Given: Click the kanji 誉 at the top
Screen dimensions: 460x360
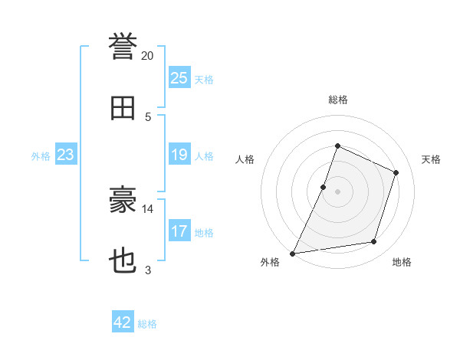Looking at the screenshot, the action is (123, 46).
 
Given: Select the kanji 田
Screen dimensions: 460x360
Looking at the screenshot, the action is (123, 108).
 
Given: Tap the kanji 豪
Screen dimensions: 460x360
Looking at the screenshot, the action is (123, 199).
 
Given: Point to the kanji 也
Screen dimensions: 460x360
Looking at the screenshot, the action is (123, 260).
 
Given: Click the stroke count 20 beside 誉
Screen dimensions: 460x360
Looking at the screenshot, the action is (147, 56).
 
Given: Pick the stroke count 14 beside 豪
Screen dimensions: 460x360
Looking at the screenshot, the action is (147, 209).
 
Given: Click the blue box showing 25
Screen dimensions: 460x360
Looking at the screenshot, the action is (179, 77).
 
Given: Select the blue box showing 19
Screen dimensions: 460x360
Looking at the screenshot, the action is (179, 154).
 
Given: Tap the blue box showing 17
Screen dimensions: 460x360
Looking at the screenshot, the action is (179, 230).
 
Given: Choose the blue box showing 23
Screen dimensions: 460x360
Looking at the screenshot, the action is (66, 154).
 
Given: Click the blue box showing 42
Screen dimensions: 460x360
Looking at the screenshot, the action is (123, 321).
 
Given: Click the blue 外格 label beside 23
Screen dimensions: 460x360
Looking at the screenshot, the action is (41, 156).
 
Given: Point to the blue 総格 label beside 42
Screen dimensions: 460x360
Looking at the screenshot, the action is (147, 324).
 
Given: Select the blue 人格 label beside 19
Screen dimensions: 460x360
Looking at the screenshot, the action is (204, 156).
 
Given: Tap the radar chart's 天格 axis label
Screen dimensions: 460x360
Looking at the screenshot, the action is (431, 159).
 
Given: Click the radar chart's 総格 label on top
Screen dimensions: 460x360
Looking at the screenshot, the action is (338, 100).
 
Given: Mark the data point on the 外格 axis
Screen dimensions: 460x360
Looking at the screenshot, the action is (293, 254).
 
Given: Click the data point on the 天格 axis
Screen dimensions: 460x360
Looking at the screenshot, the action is (396, 172).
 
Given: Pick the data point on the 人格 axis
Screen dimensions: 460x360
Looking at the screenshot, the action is (323, 187).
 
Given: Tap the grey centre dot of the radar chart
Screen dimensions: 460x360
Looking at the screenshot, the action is (337, 191).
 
